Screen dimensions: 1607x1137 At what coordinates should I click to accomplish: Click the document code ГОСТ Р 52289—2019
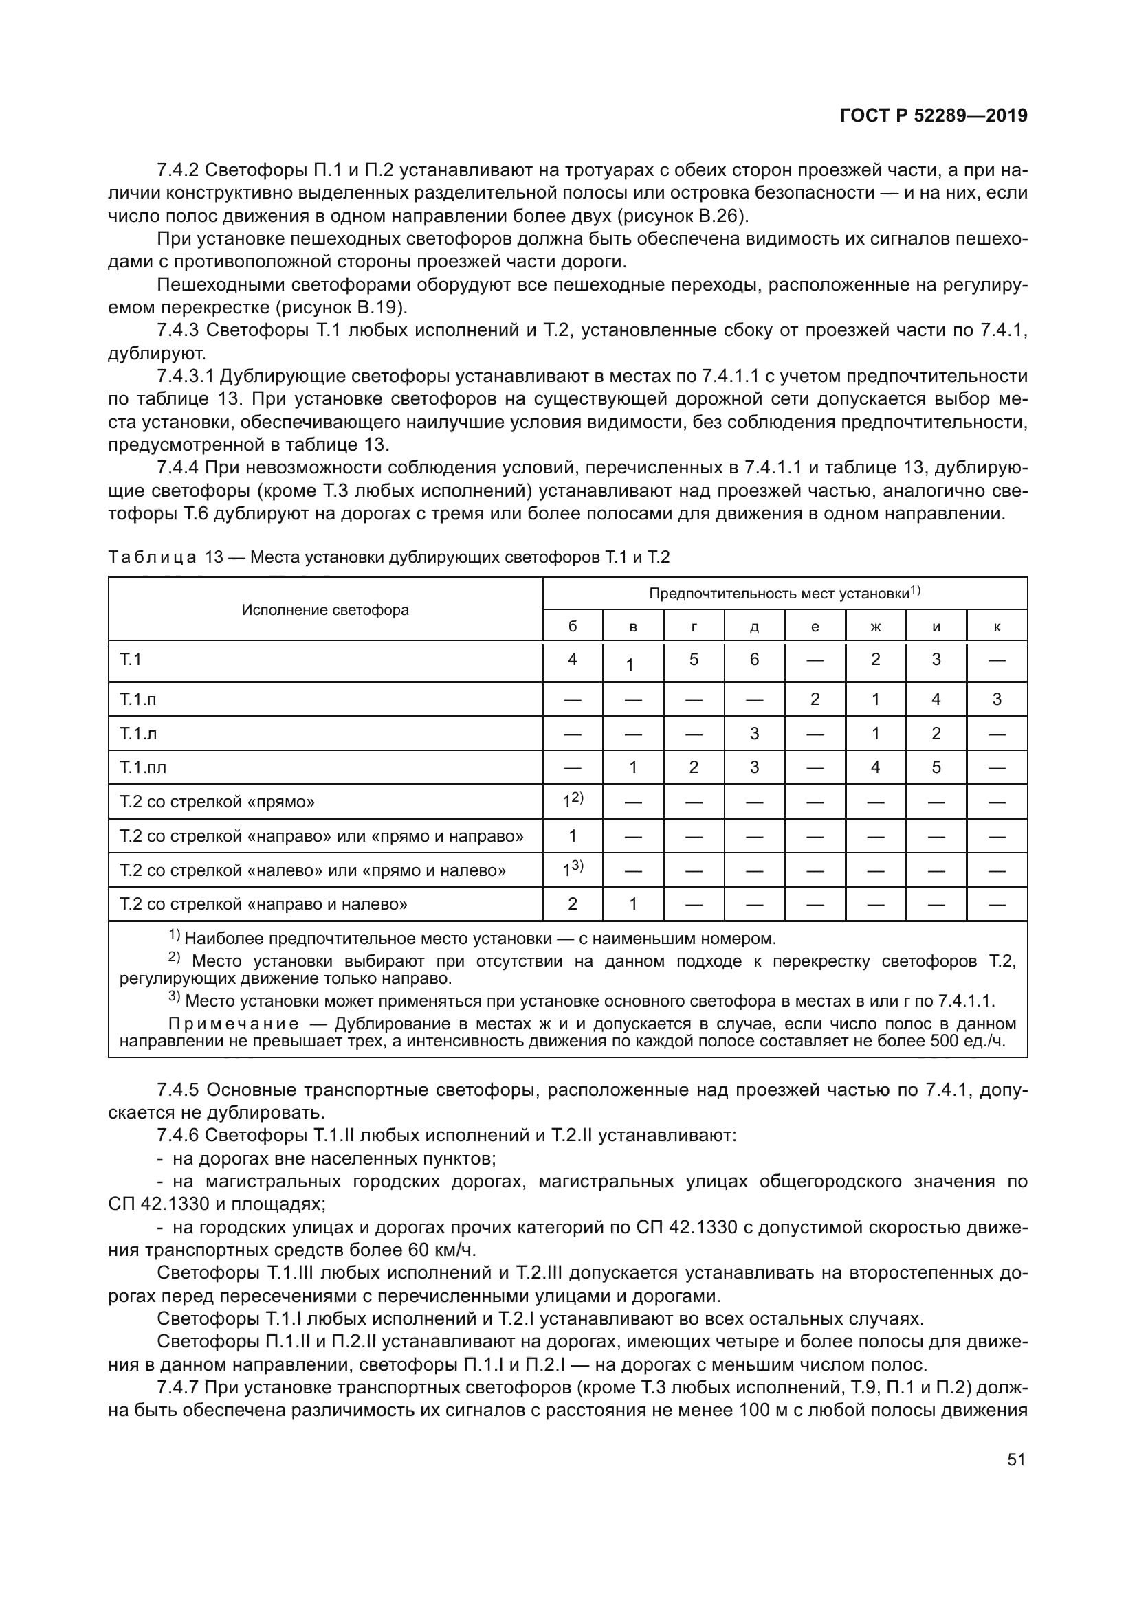934,116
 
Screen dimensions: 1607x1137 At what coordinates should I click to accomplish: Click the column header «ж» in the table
875,627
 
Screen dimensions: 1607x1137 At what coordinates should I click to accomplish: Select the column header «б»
572,627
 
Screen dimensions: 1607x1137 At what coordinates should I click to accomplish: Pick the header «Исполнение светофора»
326,609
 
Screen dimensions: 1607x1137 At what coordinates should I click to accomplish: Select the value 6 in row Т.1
754,660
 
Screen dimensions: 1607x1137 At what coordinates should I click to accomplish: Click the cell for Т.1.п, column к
996,699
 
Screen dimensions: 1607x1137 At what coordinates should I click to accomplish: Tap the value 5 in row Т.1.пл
936,767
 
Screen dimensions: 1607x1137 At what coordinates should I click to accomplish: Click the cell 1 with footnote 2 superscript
572,801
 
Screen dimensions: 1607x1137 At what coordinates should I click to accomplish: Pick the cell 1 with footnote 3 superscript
572,870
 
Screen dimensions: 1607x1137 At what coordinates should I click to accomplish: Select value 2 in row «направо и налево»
572,903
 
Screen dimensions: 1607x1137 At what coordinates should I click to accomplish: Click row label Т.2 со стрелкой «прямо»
217,801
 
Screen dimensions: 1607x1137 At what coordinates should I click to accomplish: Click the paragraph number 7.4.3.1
185,377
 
